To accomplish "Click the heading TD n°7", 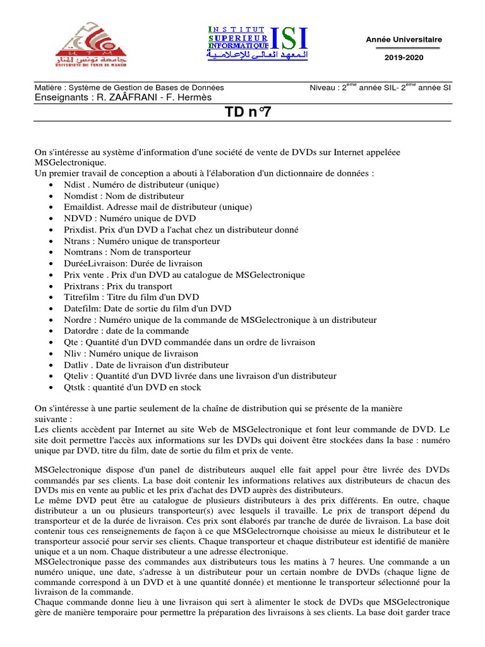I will tap(242, 113).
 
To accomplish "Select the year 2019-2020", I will tap(404, 57).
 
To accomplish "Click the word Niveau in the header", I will tap(323, 88).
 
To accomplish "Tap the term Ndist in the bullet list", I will tap(75, 185).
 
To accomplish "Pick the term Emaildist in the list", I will tap(83, 207).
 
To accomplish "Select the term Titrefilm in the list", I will tap(81, 298).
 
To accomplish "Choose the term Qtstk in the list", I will tap(76, 387).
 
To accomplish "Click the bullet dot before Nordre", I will tap(51, 320).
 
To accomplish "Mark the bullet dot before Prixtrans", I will tap(51, 287).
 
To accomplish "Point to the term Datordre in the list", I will tap(81, 331).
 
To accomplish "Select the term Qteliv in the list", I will tap(77, 376).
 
